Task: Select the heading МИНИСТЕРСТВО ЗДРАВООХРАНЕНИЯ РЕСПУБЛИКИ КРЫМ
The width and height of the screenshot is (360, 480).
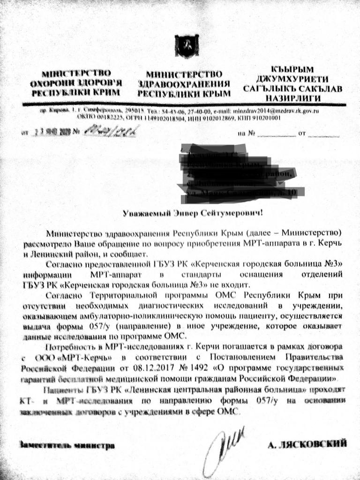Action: click(x=184, y=83)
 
